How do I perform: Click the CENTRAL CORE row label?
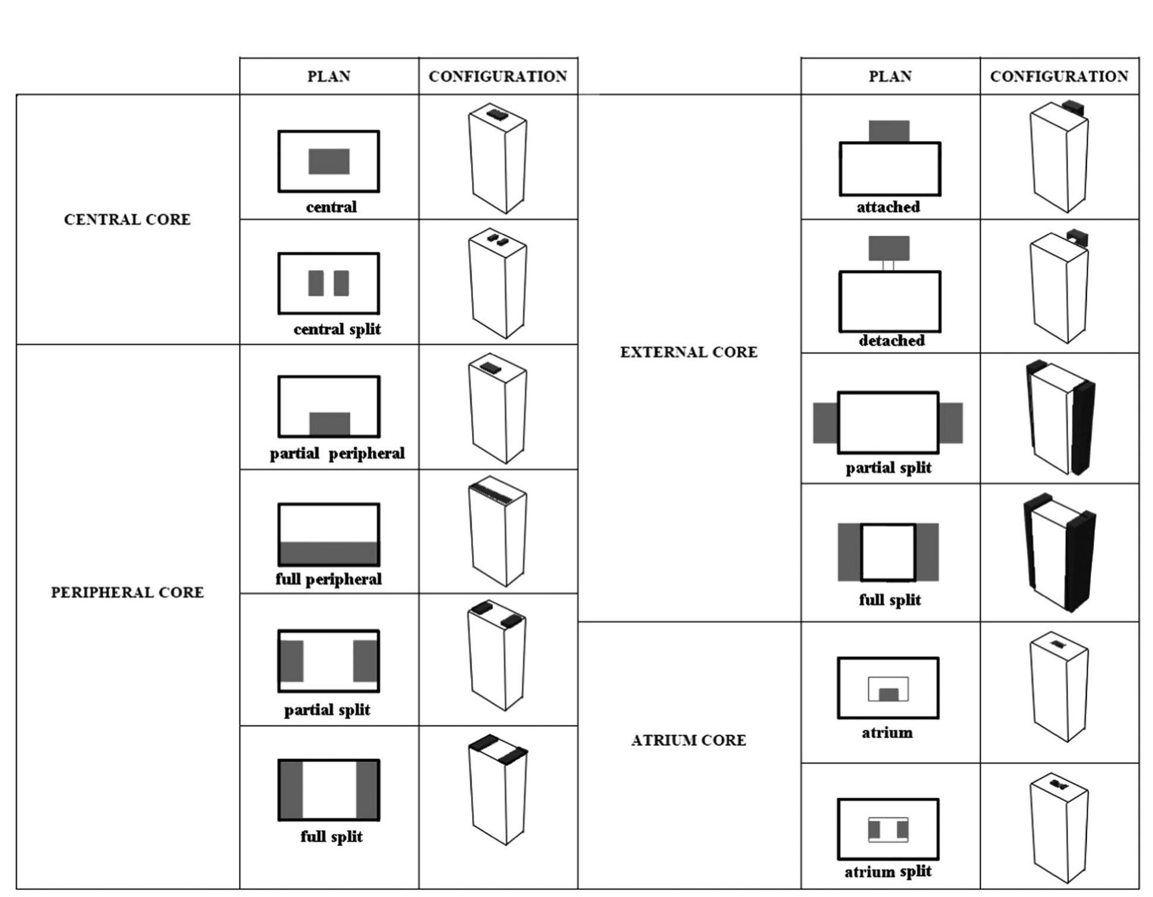coord(127,220)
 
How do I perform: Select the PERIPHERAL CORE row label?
coord(127,592)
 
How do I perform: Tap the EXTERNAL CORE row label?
coord(689,352)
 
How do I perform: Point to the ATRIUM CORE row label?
coord(689,740)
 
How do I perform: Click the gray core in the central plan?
coord(329,161)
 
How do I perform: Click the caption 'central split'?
coord(337,329)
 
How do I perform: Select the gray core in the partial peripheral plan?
coord(330,424)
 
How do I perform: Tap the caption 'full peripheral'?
coord(328,579)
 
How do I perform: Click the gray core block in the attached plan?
coord(889,131)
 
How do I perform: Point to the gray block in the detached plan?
coord(889,248)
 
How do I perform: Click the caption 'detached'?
coord(891,341)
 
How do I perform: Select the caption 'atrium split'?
coord(888,871)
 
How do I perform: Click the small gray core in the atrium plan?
coord(888,694)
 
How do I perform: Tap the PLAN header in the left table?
coord(329,77)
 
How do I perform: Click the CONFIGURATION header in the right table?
coord(1059,77)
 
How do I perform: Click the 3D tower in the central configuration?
coord(498,160)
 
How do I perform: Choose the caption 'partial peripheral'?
coord(337,454)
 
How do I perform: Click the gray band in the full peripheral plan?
coord(329,553)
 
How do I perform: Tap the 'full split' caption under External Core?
coord(890,600)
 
